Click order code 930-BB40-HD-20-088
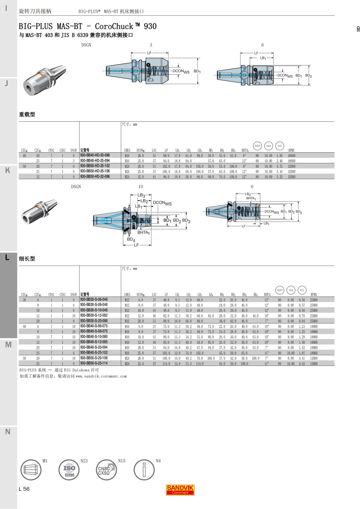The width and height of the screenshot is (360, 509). [95, 155]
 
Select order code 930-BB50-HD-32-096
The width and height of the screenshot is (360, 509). [95, 177]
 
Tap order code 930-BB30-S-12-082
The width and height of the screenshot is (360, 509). [94, 315]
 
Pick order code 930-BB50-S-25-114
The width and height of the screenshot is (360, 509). [94, 363]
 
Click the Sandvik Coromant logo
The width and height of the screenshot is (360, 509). [180, 490]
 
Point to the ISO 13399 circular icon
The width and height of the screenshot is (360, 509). [69, 470]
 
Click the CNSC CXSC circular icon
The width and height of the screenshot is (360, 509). [106, 470]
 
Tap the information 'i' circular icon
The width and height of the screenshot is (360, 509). [144, 470]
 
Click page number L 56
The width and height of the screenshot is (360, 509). [24, 489]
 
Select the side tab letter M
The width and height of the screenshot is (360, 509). [8, 345]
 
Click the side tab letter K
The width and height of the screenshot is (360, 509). [8, 170]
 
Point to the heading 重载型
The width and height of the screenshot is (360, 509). [27, 115]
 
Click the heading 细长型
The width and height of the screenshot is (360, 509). [27, 259]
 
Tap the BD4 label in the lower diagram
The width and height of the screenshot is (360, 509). [131, 239]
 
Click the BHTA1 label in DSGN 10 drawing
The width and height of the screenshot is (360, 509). [143, 233]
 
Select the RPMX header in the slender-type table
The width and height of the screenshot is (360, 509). [313, 294]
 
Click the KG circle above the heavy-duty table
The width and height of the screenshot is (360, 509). [280, 146]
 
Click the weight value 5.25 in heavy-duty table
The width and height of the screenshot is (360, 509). [279, 177]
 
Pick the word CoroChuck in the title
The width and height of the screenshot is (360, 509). [114, 26]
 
